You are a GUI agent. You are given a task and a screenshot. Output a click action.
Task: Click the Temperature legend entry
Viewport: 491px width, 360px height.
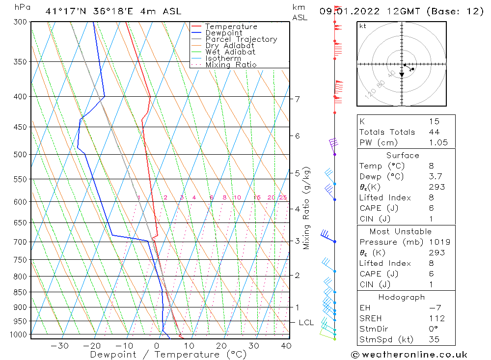click(x=231, y=27)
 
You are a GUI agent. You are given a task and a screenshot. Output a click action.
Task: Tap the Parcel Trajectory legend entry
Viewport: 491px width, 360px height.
click(x=241, y=39)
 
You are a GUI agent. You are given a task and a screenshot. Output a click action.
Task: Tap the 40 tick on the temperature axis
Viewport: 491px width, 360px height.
click(x=286, y=346)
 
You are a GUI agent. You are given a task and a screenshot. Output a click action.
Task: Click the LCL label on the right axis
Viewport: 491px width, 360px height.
click(x=306, y=323)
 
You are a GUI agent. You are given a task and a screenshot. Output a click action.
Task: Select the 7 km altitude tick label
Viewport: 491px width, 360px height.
click(x=298, y=99)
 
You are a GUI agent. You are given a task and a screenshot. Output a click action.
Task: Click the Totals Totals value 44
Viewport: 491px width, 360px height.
click(x=434, y=132)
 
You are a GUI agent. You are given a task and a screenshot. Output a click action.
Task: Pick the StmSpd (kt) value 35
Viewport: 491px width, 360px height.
click(x=434, y=339)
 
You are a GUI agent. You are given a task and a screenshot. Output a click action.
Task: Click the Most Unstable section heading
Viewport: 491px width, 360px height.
click(x=401, y=231)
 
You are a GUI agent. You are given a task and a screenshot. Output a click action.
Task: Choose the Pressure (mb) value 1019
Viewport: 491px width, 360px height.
click(x=439, y=242)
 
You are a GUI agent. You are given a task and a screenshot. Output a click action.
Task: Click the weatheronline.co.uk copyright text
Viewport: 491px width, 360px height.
click(x=409, y=355)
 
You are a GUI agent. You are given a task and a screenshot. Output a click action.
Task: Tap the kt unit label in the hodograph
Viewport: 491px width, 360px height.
click(x=362, y=26)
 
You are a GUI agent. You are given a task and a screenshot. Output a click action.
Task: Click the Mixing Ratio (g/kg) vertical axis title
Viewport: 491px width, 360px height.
click(x=307, y=208)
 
